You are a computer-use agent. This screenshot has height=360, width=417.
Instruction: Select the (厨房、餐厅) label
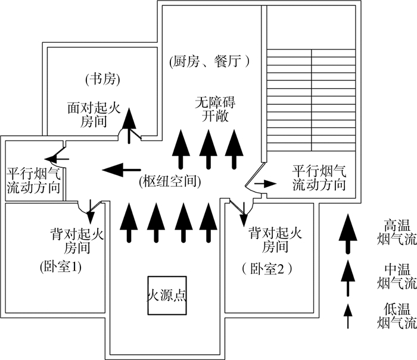click(207, 61)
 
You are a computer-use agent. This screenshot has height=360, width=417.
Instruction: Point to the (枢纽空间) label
click(169, 180)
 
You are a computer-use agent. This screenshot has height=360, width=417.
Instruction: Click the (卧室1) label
click(60, 267)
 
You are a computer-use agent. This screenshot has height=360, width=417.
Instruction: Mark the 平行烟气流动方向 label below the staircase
click(319, 178)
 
